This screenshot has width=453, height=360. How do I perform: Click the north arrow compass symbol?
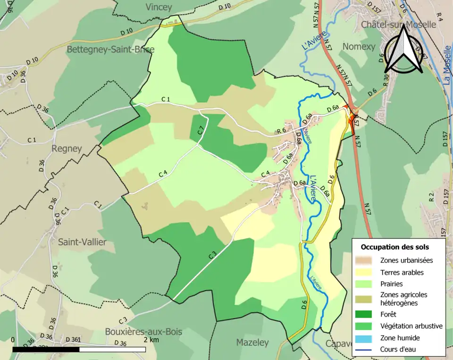pos(403,50)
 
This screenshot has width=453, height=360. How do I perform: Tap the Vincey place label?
pos(159,7)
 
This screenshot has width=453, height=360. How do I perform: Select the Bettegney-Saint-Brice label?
pos(110,49)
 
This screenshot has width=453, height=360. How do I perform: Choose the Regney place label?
pos(66,148)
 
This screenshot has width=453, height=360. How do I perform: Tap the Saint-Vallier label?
pos(82,242)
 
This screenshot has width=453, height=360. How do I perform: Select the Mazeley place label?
pos(252,342)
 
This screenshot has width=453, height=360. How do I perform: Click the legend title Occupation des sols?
pos(395,247)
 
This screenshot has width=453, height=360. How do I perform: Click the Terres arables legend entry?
pos(402,272)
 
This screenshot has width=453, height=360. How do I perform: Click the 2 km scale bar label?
pos(151,340)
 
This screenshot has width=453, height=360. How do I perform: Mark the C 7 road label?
pos(201,131)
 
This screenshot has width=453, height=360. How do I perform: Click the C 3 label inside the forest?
pos(212,255)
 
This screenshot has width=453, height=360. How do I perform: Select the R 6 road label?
pos(282,131)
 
